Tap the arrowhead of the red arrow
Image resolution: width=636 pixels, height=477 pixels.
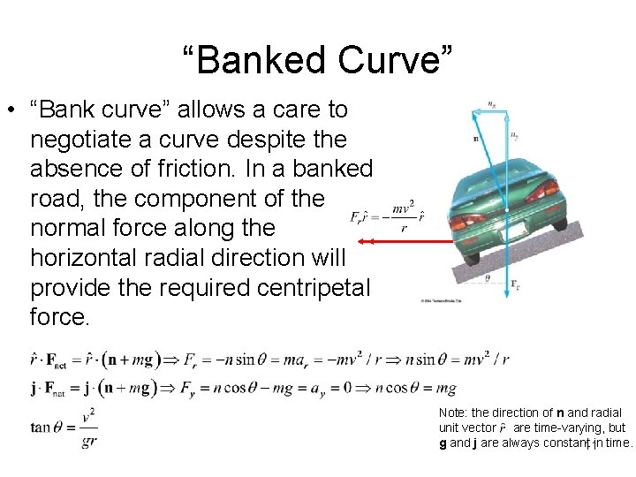click(x=362, y=240)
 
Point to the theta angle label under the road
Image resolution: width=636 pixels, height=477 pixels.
click(x=488, y=278)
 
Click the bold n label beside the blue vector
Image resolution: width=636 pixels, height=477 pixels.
click(x=476, y=138)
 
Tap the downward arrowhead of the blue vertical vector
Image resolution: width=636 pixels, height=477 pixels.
click(x=507, y=298)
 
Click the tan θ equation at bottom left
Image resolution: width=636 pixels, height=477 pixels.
click(x=64, y=428)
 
